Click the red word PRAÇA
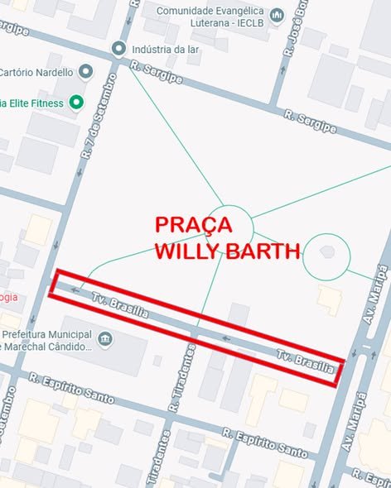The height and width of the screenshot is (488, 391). (x=195, y=225)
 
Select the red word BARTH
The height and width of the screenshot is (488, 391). (x=264, y=251)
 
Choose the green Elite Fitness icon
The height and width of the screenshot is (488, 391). (x=76, y=103)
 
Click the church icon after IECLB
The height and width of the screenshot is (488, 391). (x=277, y=16)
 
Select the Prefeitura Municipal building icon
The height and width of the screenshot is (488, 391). (x=105, y=339)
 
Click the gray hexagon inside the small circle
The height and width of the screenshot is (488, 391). (x=326, y=251)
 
